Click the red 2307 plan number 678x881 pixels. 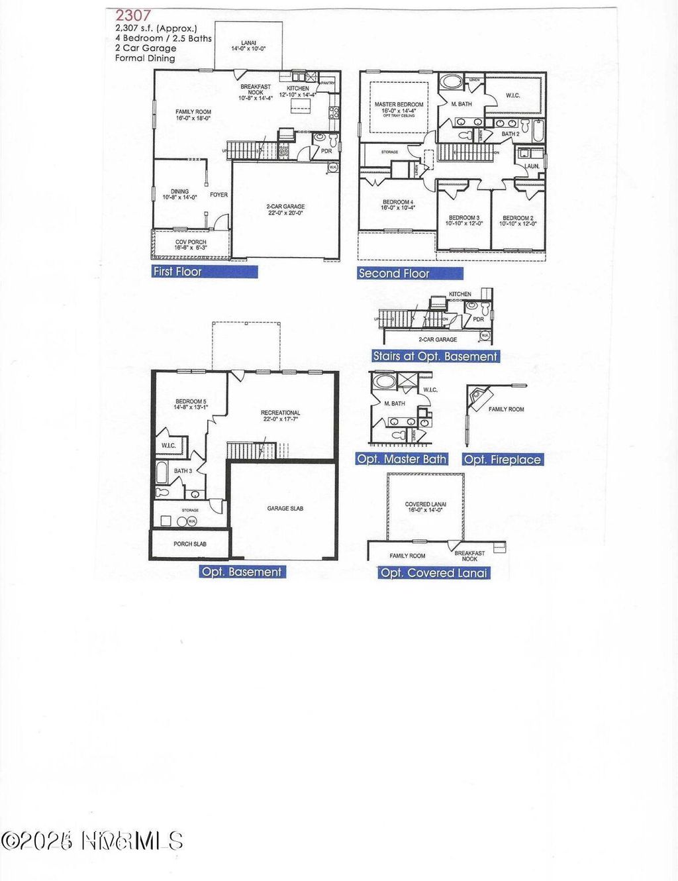[132, 15]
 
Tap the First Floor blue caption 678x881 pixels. [177, 271]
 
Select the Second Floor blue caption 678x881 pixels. [394, 273]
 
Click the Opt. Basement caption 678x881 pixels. [242, 572]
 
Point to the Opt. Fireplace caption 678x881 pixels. [502, 460]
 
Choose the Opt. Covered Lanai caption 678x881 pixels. [434, 573]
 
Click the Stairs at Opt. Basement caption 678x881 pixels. [435, 356]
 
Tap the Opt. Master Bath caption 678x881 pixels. [401, 459]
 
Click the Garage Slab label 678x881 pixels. [285, 509]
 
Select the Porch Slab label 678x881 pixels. [190, 544]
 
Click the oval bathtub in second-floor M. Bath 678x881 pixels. [453, 83]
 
